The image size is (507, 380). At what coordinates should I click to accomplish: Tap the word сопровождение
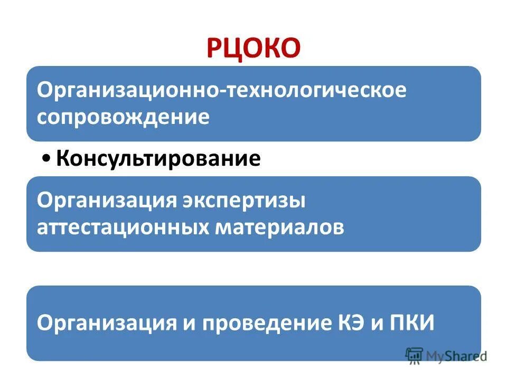pos(123,117)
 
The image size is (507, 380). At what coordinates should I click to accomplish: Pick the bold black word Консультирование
pos(158,158)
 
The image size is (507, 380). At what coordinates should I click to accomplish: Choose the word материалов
pos(279,227)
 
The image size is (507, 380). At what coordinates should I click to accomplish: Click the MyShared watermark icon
pos(415,356)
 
